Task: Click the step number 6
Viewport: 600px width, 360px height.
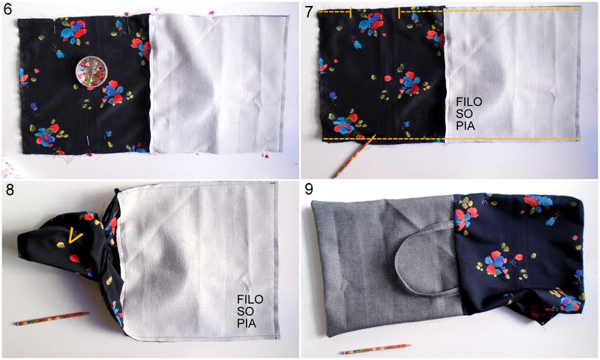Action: point(7,9)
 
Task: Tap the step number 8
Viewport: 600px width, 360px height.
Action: point(9,190)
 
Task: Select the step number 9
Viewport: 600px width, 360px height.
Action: point(310,190)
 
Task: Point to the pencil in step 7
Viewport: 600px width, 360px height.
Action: point(353,157)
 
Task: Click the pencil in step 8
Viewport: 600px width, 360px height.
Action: point(52,318)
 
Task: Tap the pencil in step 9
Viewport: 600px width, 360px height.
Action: point(376,349)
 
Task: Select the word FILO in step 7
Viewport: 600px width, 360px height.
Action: point(469,102)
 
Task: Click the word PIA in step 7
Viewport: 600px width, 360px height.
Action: point(465,125)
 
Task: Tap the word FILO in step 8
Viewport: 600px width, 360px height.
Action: point(250,299)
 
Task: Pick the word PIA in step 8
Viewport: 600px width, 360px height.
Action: point(247,323)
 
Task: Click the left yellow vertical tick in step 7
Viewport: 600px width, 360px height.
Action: point(350,13)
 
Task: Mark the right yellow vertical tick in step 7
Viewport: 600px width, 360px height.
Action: point(399,13)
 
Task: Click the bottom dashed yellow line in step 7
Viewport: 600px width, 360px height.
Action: point(451,139)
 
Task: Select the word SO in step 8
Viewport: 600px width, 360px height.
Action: point(245,311)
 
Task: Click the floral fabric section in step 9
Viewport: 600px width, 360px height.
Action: point(519,257)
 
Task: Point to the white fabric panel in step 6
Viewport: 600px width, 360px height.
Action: point(218,84)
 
